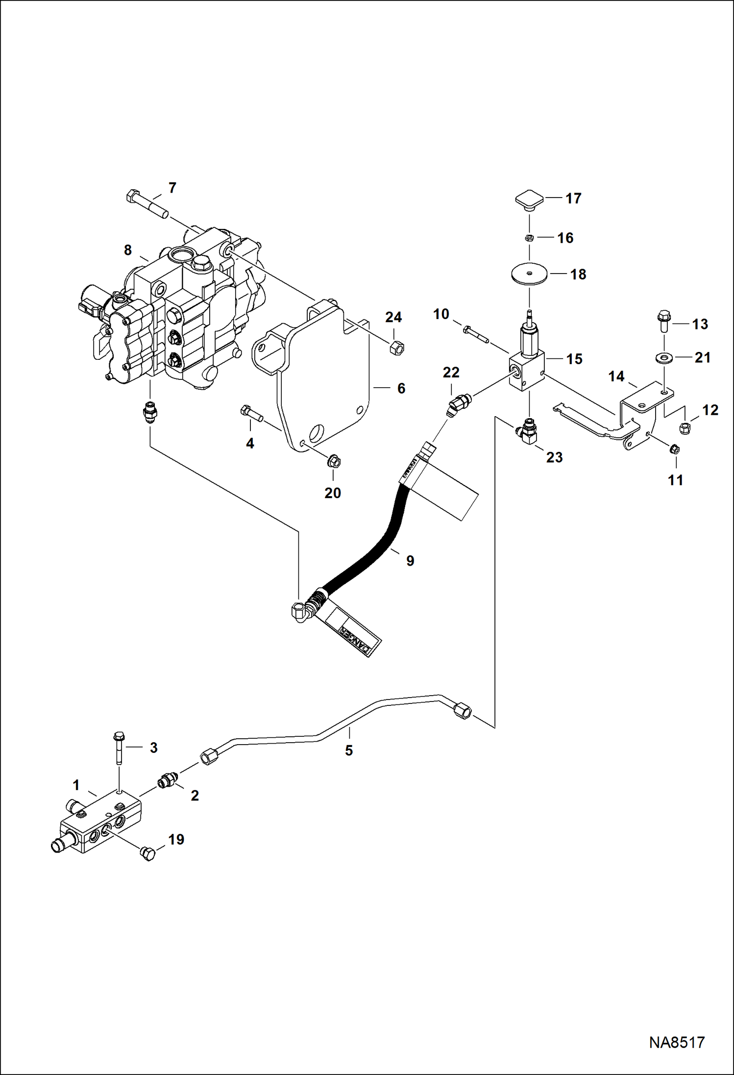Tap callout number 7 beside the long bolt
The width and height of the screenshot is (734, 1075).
[x=172, y=188]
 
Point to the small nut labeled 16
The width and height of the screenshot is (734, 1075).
[x=529, y=238]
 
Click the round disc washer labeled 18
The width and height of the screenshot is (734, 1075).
[x=530, y=274]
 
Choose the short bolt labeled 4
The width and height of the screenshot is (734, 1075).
[x=251, y=414]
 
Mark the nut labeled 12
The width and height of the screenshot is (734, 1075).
[x=685, y=427]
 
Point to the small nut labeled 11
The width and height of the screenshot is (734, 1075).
[x=674, y=448]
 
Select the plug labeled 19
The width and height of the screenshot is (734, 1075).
[x=147, y=854]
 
